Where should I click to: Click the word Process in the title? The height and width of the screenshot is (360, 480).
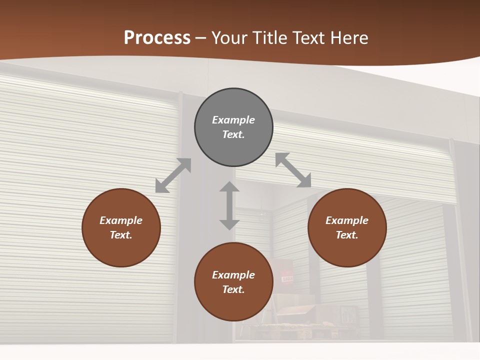157,38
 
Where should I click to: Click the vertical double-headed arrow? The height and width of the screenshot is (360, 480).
229,205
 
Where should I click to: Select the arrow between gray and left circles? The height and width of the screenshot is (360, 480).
173,175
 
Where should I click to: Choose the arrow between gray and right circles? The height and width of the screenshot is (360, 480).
293,170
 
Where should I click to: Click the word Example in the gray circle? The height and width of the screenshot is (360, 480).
233,120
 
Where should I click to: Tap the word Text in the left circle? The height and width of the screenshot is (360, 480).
121,235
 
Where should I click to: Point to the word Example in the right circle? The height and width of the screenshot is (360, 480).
347,220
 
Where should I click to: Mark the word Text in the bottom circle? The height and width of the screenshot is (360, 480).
233,289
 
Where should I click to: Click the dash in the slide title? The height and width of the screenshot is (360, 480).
201,38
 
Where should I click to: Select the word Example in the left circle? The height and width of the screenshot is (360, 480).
121,220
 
